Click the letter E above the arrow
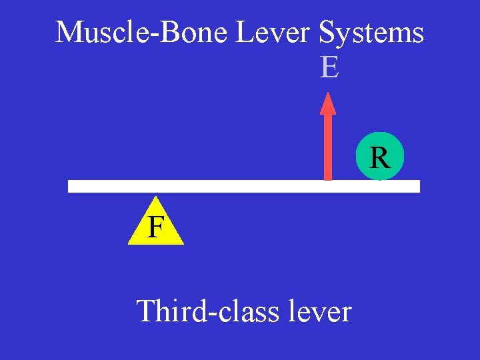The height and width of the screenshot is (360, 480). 329,67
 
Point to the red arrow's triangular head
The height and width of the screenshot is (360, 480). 327,103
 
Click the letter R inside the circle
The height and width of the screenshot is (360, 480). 379,158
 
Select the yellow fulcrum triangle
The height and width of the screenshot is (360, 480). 155,227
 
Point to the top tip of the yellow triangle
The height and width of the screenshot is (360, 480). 155,197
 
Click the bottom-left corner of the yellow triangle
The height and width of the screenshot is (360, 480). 129,244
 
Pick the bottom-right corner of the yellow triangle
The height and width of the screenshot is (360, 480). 183,244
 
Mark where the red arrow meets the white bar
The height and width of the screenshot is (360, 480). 327,179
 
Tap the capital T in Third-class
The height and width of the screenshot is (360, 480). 145,311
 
